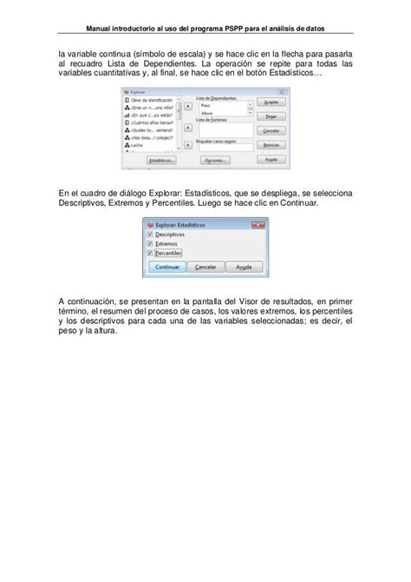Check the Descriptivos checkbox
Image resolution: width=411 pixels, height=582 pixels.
(150, 234)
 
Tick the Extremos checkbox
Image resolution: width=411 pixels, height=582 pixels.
(150, 243)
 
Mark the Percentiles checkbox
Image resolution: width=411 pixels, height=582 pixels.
(150, 253)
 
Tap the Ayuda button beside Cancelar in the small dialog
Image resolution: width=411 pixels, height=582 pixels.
(243, 268)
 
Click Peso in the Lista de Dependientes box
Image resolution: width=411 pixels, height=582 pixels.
(205, 103)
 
